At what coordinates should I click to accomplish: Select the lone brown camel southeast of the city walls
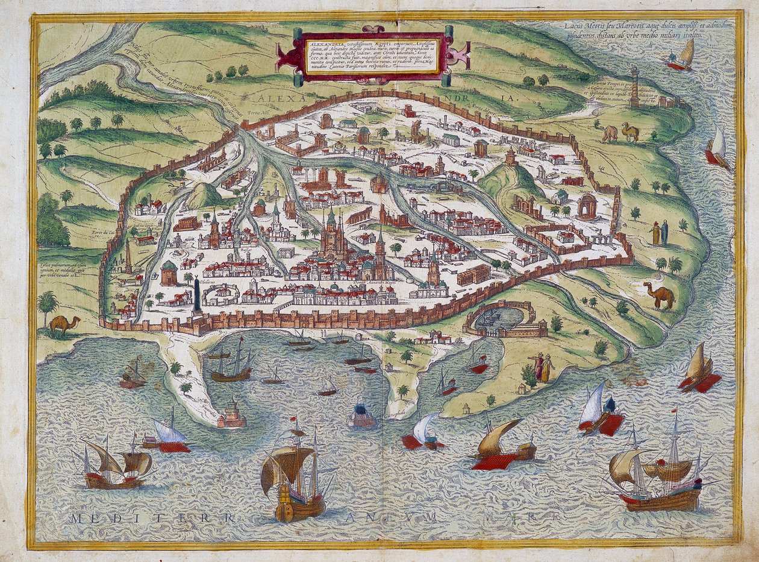tap(659, 295)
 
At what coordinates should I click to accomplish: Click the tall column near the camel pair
tap(634, 87)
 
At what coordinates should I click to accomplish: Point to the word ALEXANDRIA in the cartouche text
tap(323, 43)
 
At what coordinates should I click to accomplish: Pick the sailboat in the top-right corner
tap(681, 55)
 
